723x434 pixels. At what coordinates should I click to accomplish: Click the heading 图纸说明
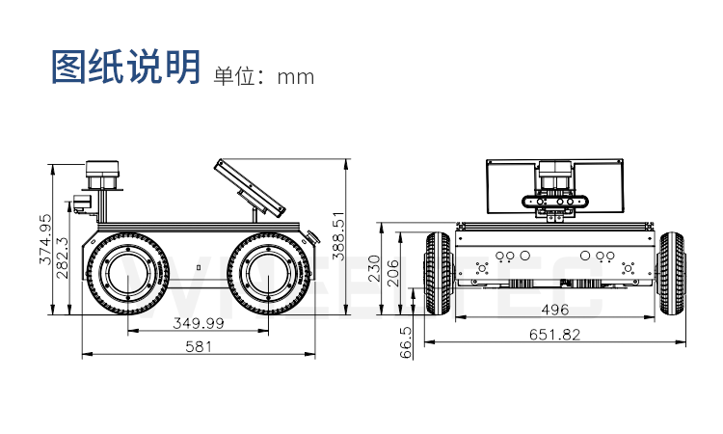tap(125, 67)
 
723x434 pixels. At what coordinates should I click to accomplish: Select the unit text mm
tap(296, 77)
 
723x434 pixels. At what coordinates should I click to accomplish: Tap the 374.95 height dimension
tap(46, 239)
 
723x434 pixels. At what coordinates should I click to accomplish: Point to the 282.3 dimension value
tap(62, 258)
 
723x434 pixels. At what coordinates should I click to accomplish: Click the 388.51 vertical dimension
tap(338, 235)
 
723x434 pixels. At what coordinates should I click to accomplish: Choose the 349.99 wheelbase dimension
tap(199, 323)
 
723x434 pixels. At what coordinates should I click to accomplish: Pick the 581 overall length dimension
tap(199, 346)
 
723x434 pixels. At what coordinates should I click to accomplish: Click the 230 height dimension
tap(373, 268)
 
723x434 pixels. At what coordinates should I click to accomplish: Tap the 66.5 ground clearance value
tap(406, 342)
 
